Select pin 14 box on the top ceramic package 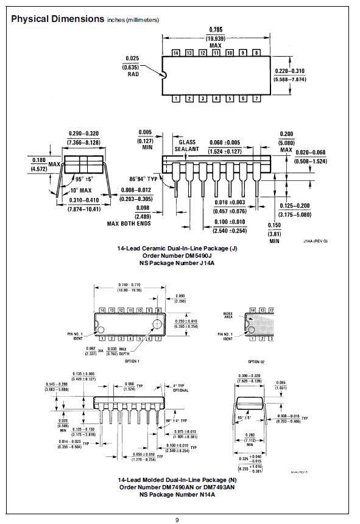(177, 54)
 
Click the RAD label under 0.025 (133, 76)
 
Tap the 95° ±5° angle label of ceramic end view (81, 179)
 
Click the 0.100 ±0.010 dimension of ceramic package (229, 222)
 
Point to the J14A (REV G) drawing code (316, 241)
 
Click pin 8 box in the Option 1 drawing (158, 310)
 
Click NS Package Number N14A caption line (177, 494)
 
